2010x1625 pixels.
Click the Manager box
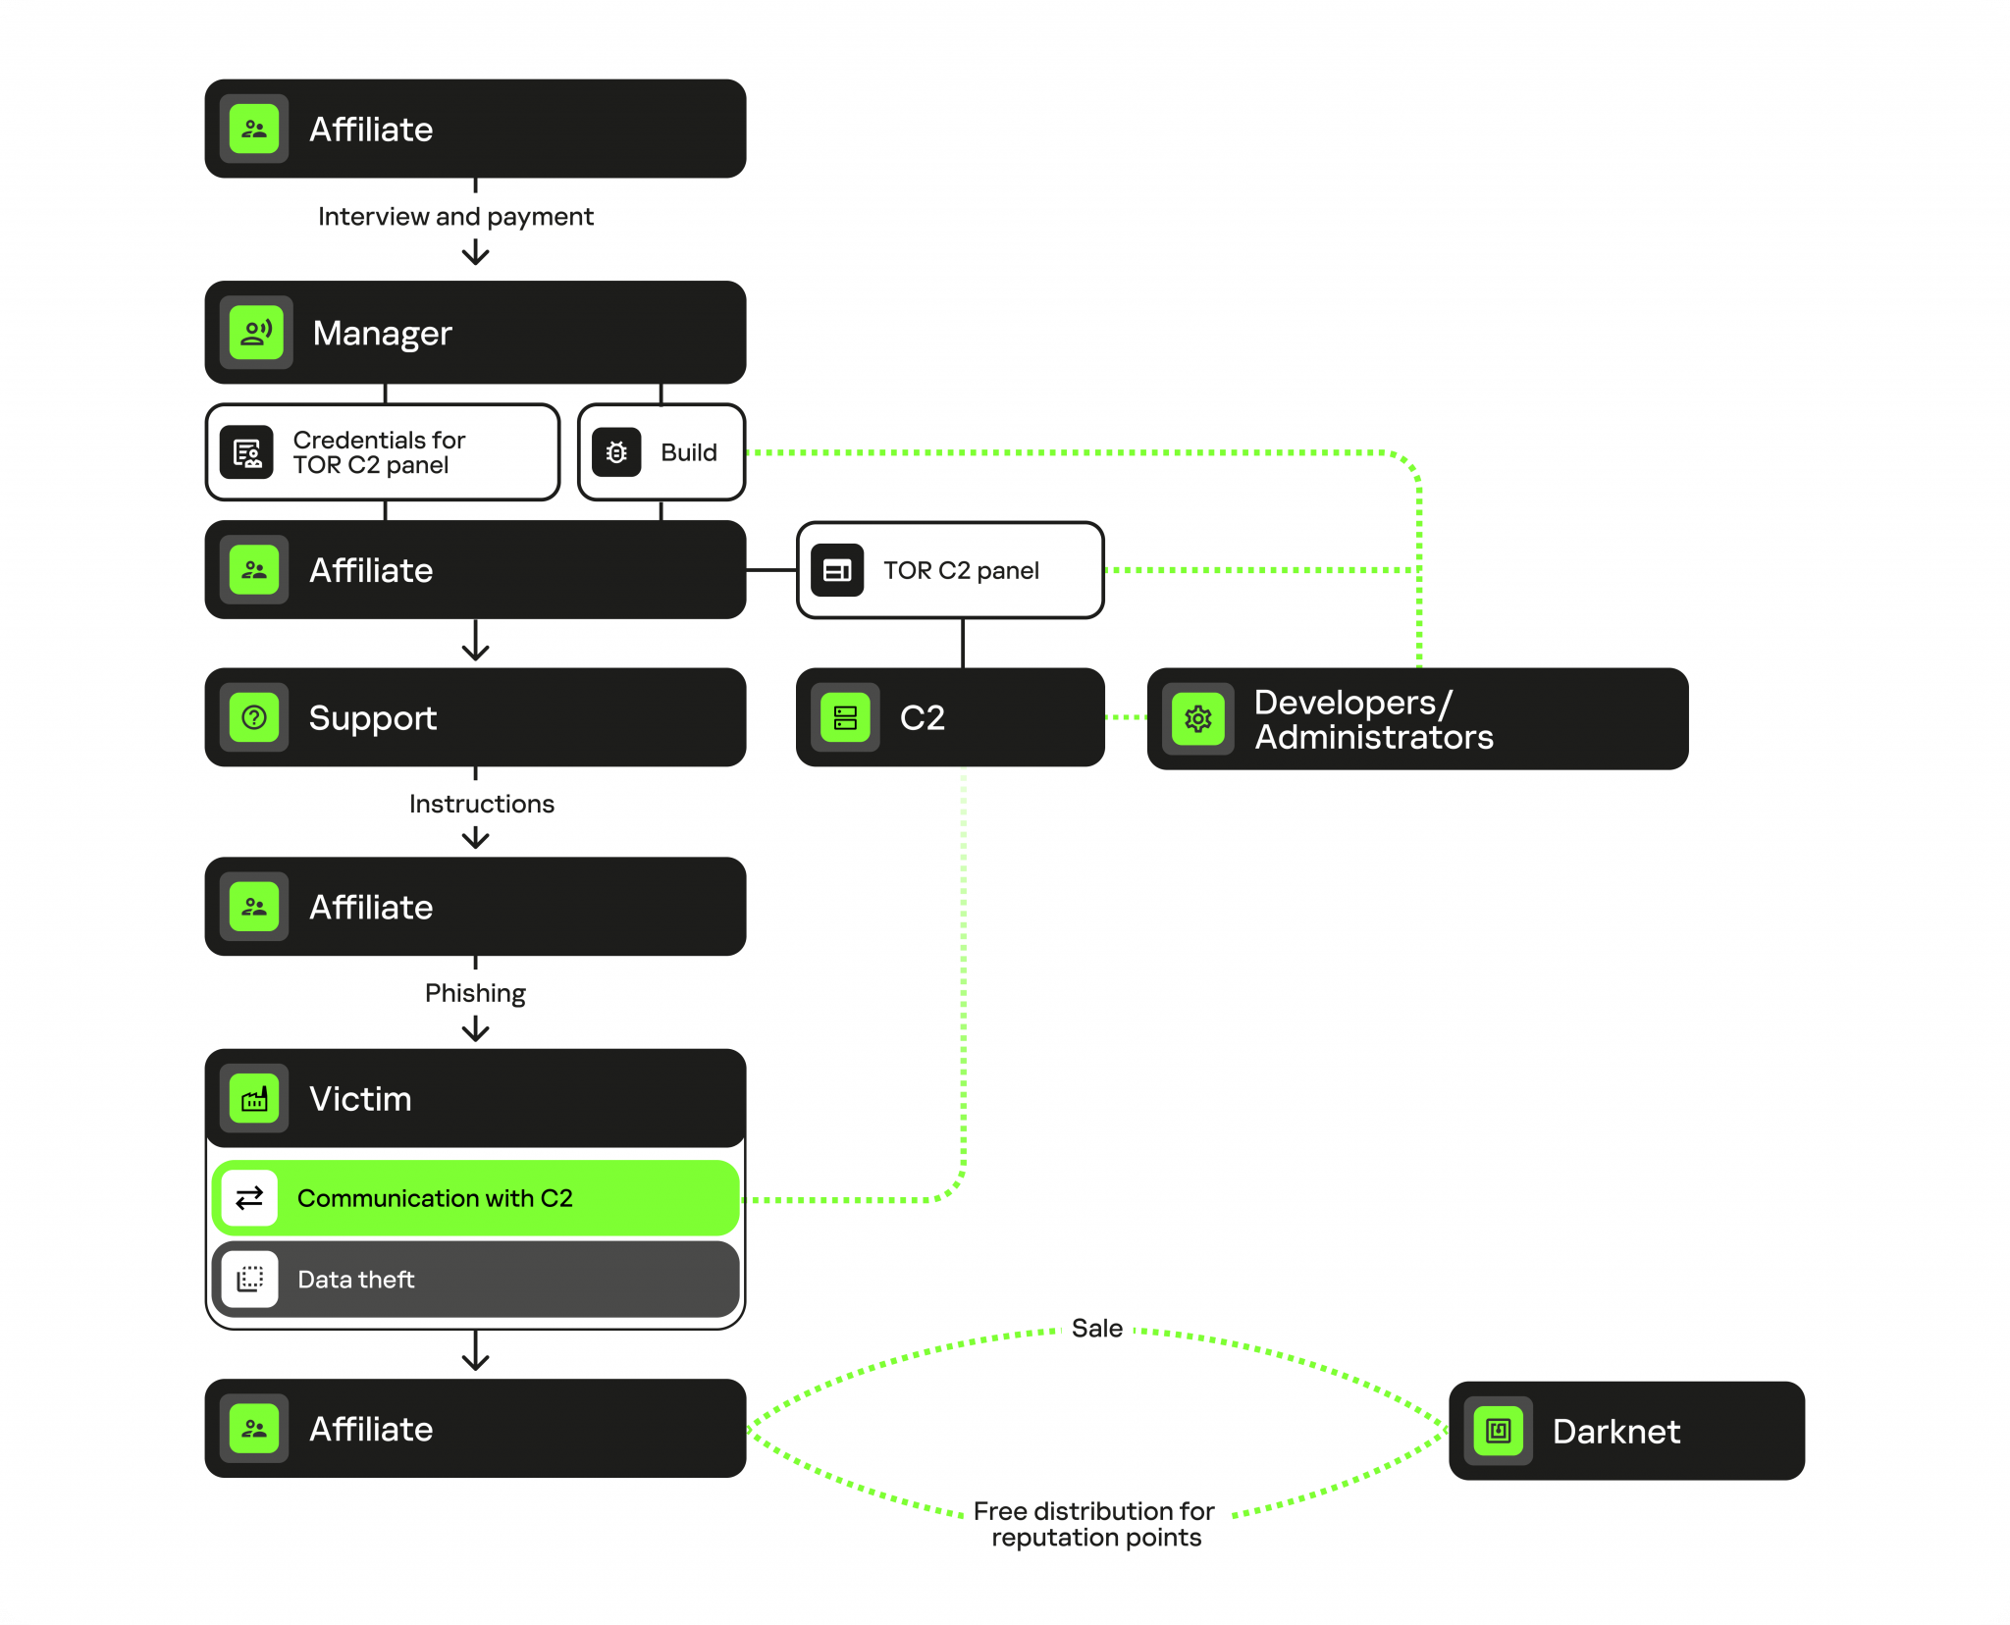click(475, 333)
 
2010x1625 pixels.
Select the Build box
click(661, 452)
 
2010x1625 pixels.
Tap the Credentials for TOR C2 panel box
click(383, 452)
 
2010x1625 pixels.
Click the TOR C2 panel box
click(950, 570)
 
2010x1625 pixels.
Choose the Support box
click(475, 717)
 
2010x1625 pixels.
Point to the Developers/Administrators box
click(1417, 719)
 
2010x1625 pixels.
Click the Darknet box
click(1626, 1431)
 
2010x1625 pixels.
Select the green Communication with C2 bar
click(475, 1198)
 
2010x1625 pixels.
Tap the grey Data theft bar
click(475, 1280)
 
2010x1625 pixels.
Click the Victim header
click(475, 1098)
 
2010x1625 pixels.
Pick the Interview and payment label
click(455, 216)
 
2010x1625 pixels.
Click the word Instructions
click(481, 804)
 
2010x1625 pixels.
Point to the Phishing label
click(475, 993)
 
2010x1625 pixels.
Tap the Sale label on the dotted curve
click(1097, 1329)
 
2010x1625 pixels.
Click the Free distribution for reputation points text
click(1095, 1524)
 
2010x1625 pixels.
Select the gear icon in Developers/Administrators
click(1198, 719)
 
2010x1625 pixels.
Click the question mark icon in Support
click(254, 717)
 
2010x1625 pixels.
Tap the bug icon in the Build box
click(616, 452)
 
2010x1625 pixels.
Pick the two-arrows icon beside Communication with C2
click(250, 1198)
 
